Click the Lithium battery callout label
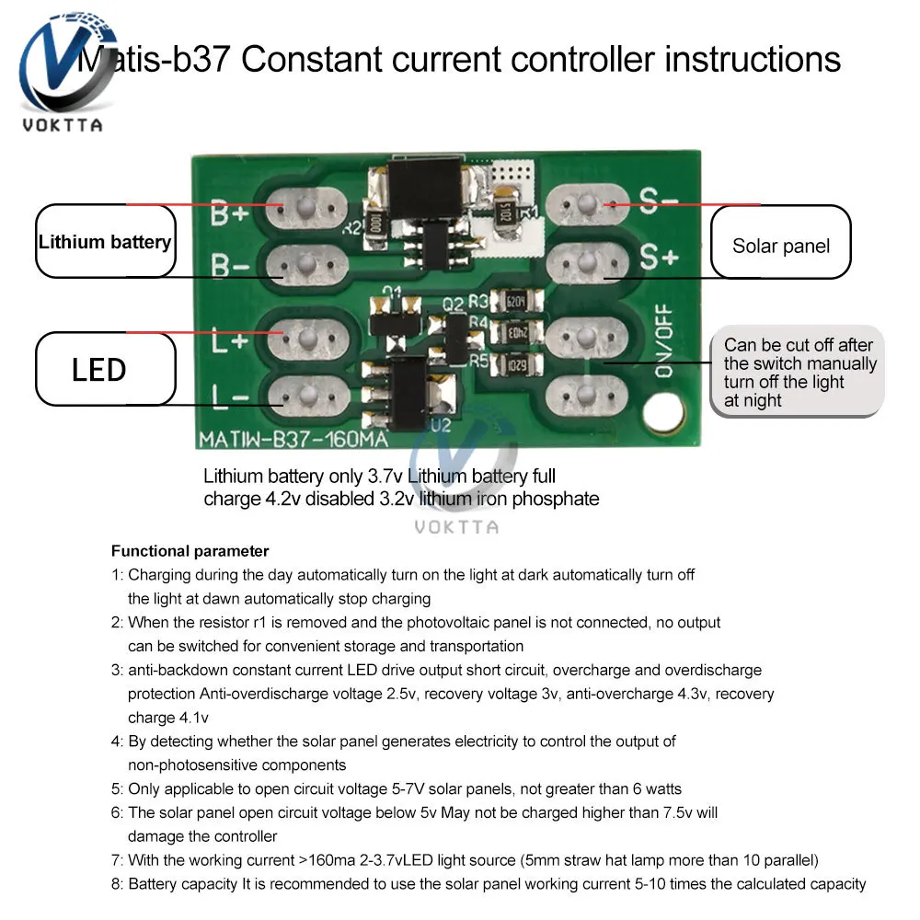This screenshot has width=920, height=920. pos(105,243)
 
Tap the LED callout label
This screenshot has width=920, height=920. pos(99,370)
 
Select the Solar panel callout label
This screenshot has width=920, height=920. pos(780,246)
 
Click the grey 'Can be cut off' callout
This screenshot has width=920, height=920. pos(798,372)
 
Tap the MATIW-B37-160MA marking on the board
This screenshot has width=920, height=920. pos(293,440)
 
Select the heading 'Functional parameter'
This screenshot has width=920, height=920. pos(190,551)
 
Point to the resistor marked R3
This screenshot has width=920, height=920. pos(510,302)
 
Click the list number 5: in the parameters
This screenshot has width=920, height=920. pos(117,788)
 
